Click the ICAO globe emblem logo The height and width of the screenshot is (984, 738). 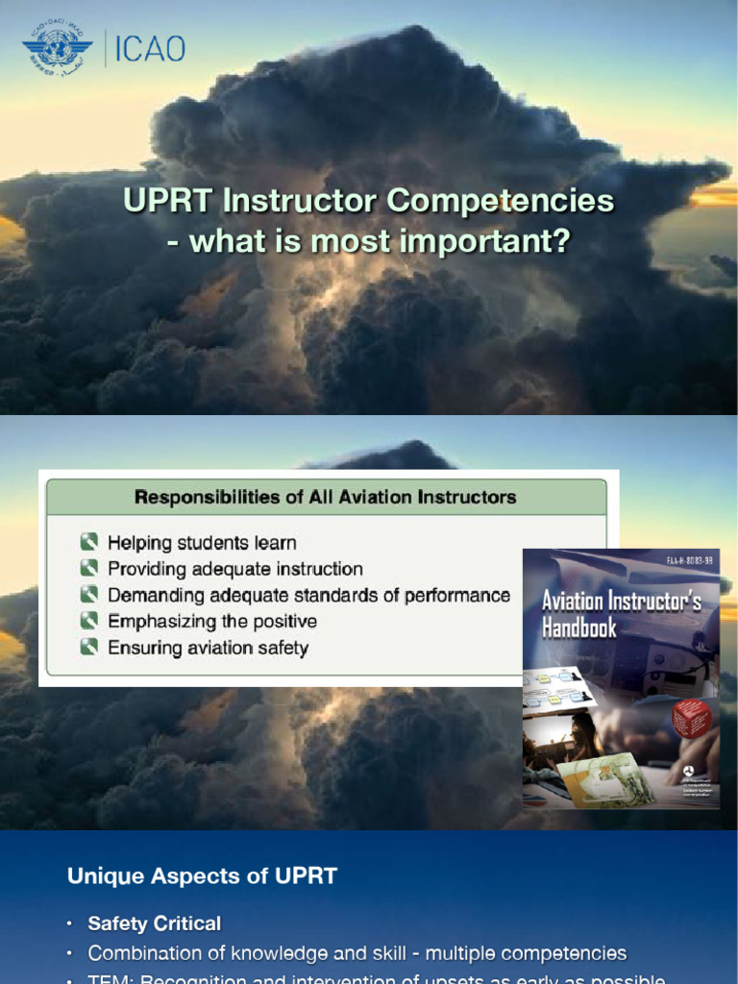[x=57, y=47]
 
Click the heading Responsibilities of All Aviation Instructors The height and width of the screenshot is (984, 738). [x=325, y=497]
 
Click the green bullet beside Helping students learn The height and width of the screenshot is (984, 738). [x=89, y=543]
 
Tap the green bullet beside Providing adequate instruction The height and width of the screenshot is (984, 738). [x=89, y=569]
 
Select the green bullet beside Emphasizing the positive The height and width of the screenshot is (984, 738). [x=89, y=621]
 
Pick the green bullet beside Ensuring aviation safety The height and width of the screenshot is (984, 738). [x=89, y=648]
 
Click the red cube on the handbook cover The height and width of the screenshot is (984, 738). [x=691, y=717]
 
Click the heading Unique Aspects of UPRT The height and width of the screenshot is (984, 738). [x=202, y=875]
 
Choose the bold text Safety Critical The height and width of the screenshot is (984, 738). [x=154, y=923]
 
